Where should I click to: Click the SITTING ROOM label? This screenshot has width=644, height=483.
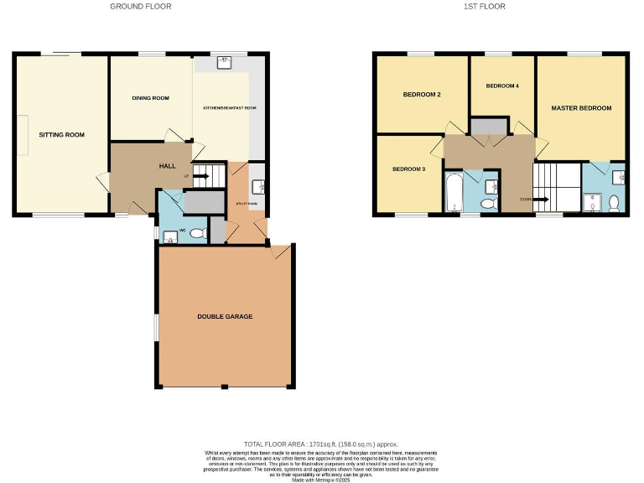click(x=61, y=134)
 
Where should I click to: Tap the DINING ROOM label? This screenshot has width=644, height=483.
click(x=150, y=98)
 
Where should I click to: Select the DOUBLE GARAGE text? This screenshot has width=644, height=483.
click(x=225, y=316)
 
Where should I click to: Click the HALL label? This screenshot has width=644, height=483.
click(x=167, y=166)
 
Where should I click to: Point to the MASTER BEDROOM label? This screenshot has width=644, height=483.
click(x=581, y=108)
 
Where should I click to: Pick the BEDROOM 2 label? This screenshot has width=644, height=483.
click(x=422, y=95)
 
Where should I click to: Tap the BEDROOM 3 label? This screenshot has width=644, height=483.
click(x=409, y=169)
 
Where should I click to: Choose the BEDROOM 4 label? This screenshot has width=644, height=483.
click(x=502, y=86)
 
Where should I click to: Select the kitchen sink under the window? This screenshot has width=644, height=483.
click(x=225, y=62)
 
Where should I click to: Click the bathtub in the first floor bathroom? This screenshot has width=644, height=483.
click(x=454, y=193)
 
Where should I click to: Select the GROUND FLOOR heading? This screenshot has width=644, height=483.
click(x=141, y=7)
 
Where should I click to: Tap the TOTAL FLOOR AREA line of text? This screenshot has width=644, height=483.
click(x=321, y=444)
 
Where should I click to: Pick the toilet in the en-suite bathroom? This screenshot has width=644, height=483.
click(x=615, y=202)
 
